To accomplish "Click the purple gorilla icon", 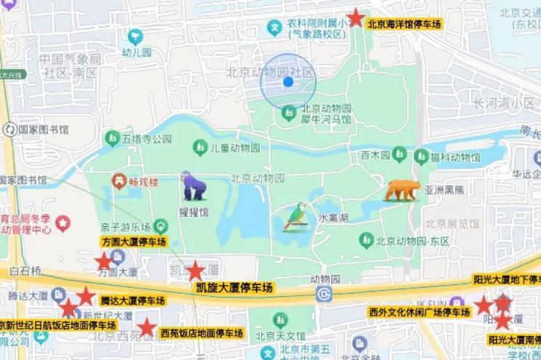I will [x=193, y=186].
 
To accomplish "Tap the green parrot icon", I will [x=294, y=216].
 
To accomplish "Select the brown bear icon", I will [x=401, y=190].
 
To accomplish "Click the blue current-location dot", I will [x=288, y=81].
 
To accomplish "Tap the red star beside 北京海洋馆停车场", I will [x=356, y=17].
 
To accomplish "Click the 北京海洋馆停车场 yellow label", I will [x=404, y=24].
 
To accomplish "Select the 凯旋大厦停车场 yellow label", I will [x=234, y=289].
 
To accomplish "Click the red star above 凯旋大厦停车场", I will [x=196, y=271].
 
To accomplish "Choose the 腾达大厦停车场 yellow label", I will [x=132, y=300].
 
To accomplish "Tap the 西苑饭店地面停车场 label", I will [x=201, y=333].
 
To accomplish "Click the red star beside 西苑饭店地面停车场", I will [x=148, y=327].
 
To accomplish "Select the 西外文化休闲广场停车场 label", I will [x=419, y=313].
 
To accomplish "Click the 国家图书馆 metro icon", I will [x=9, y=129].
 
